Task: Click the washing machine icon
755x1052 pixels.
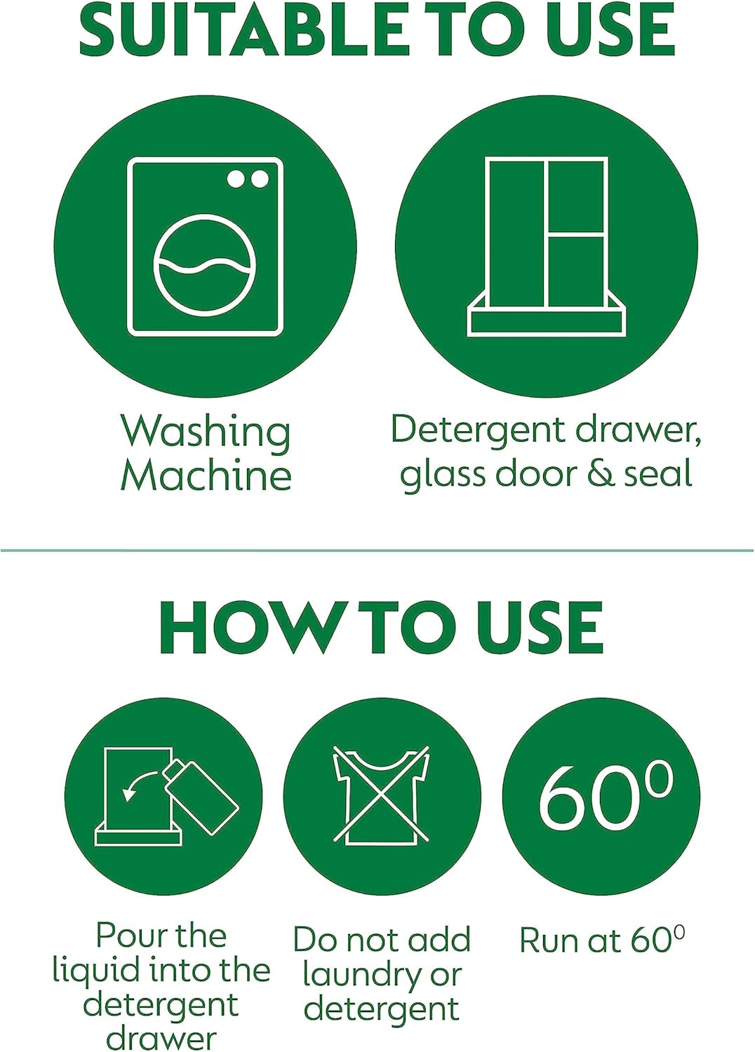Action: [205, 247]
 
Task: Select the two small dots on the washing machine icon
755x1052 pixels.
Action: [248, 180]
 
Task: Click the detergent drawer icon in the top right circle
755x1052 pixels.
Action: [546, 247]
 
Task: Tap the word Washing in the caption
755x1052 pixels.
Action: [206, 431]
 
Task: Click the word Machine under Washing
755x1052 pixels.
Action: [206, 476]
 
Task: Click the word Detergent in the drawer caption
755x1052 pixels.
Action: [478, 429]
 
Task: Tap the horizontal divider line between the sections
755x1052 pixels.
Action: [377, 551]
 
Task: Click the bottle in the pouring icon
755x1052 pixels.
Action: [202, 796]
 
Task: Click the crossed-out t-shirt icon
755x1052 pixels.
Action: [381, 795]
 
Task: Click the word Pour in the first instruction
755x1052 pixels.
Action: [125, 936]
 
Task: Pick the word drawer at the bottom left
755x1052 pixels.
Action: [161, 1038]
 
